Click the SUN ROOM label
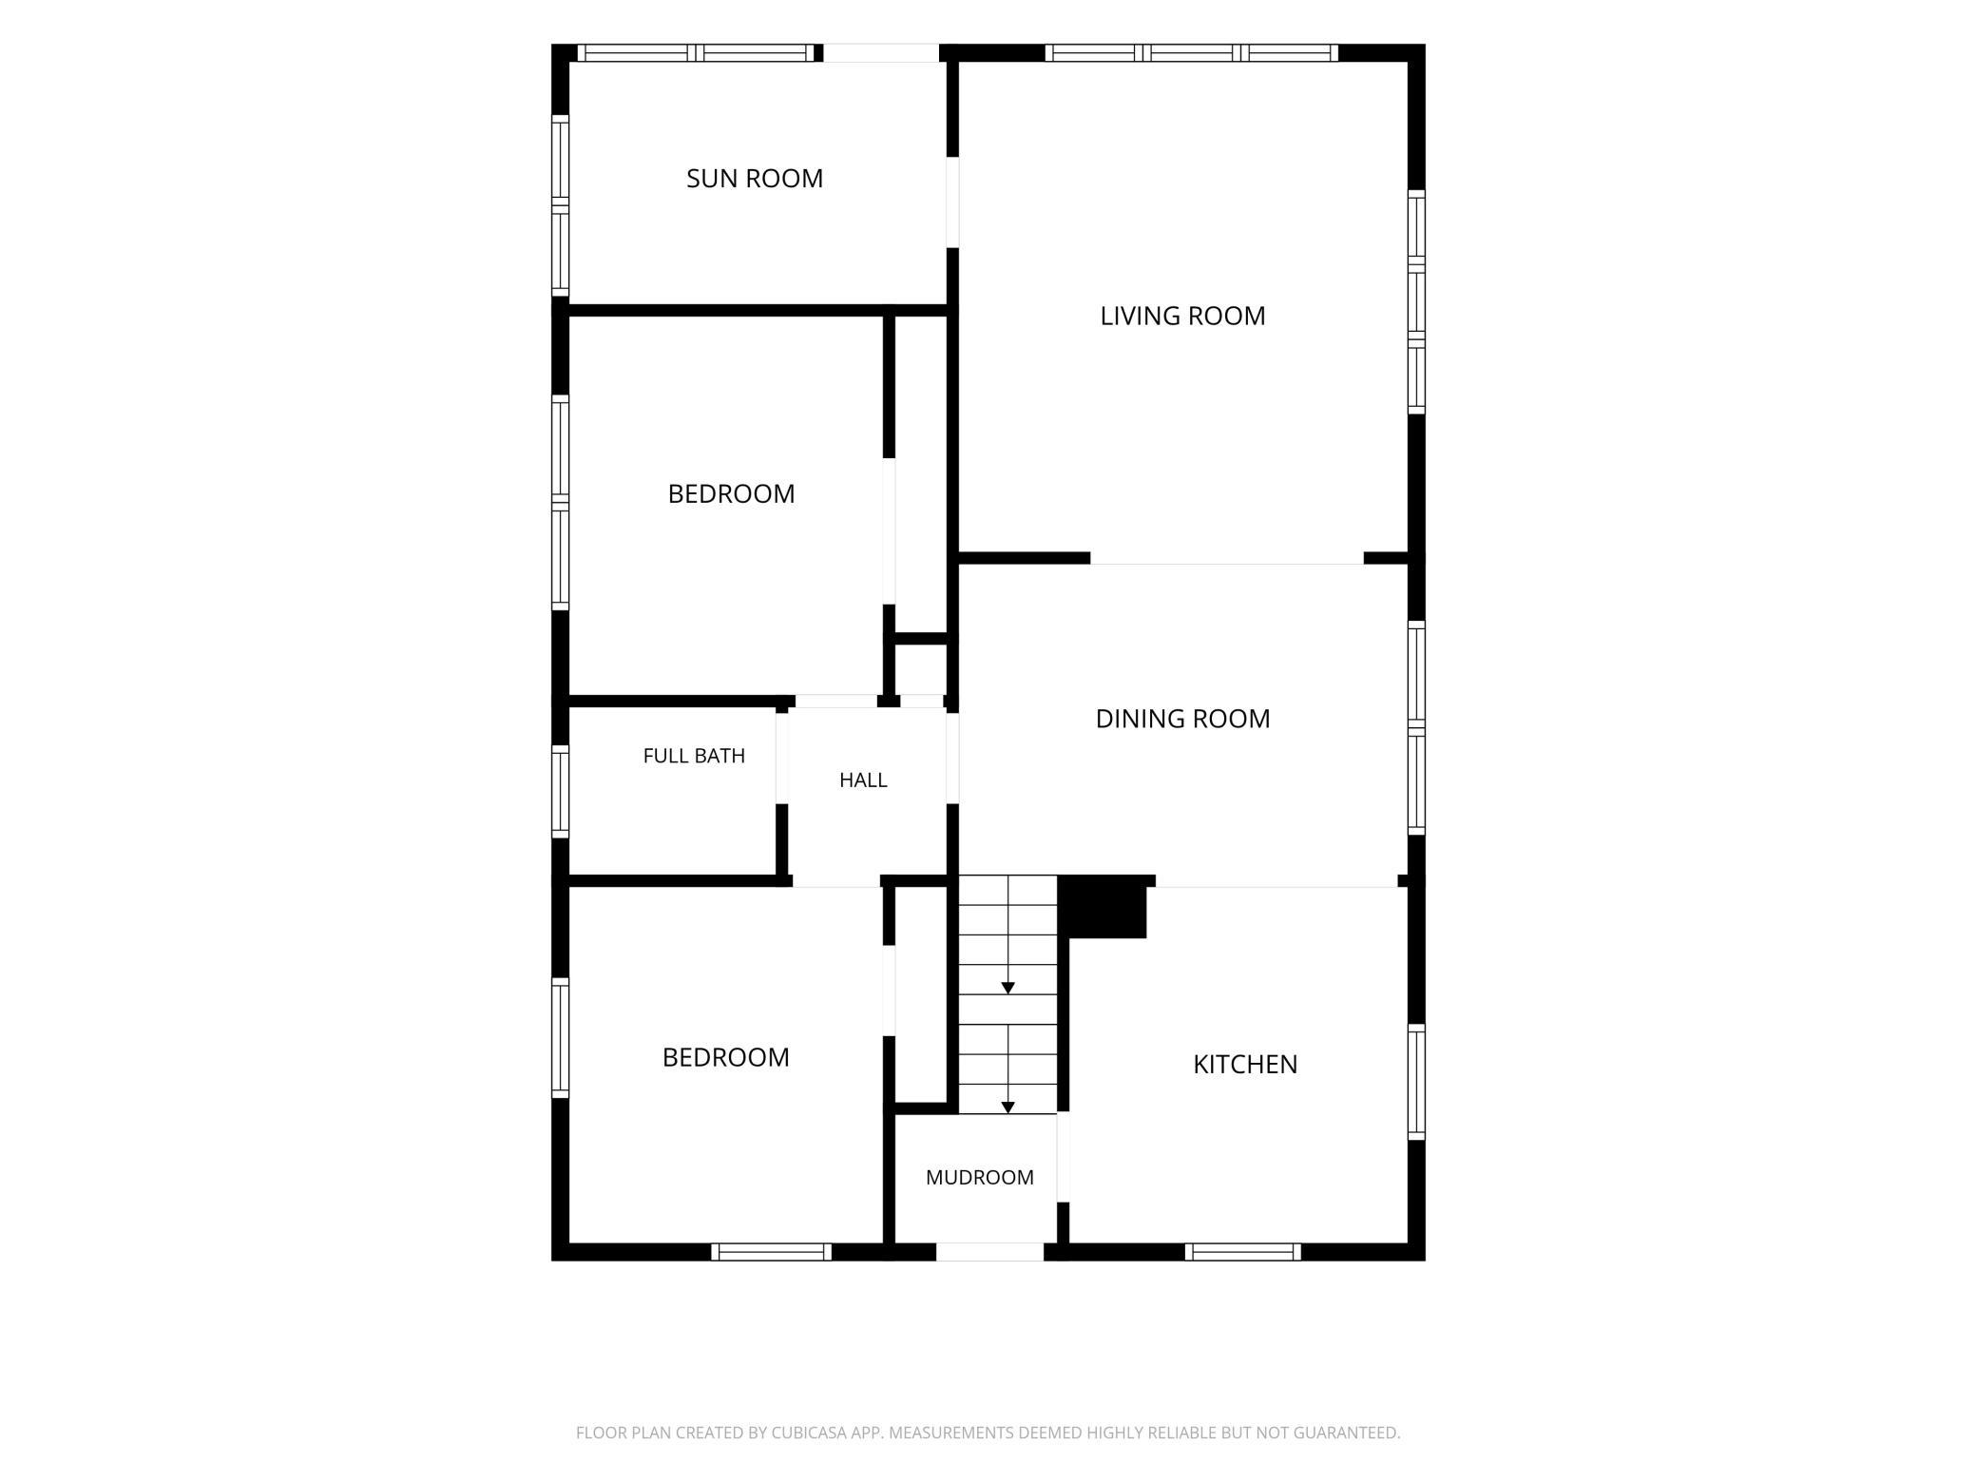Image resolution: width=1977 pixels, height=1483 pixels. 755,179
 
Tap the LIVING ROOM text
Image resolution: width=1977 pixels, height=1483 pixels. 1182,316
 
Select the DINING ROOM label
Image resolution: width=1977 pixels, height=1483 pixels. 1182,719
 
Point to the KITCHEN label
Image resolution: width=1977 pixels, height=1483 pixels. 1245,1064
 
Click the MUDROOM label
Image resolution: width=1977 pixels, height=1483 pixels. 980,1177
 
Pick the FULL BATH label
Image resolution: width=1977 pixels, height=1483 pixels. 694,756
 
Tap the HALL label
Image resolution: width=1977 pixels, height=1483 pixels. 863,780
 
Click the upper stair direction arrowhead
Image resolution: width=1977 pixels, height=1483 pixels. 1008,989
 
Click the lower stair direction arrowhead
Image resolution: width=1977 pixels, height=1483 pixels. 1008,1107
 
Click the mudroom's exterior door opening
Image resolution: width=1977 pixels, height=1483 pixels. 989,1252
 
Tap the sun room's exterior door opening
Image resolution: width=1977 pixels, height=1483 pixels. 881,53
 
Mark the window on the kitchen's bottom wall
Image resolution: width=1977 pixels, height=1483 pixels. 1243,1252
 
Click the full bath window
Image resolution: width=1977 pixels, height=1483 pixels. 561,792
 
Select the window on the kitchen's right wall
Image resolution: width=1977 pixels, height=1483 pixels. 1416,1082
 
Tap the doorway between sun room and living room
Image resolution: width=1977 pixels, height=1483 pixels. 952,202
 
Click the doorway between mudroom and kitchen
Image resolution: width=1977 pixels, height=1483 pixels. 1064,1157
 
